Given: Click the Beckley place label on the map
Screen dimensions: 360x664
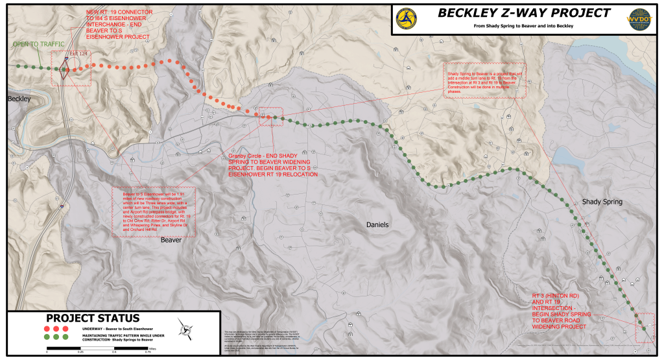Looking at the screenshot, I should [x=19, y=99].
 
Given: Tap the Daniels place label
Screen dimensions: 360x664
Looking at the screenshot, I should [x=377, y=224].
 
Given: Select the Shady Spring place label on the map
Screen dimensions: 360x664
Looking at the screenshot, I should [x=602, y=202].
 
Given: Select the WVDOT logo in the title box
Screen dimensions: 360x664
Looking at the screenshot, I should [x=643, y=19].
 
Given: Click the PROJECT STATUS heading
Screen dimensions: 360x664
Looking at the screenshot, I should [x=92, y=318].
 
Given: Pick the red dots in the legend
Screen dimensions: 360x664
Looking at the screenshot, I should [x=56, y=328].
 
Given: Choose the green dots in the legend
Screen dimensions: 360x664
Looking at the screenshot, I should [x=56, y=337].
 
